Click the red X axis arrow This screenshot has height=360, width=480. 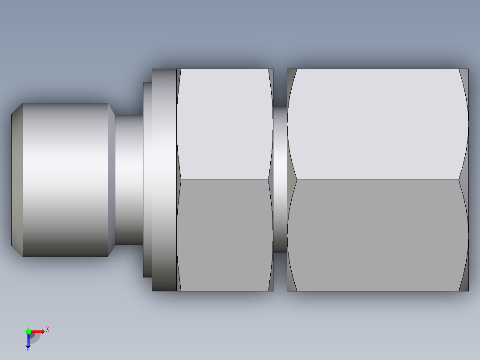pos(38,331)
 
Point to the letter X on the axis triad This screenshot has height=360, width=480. pos(48,330)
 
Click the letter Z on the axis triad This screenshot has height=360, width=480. pos(28,349)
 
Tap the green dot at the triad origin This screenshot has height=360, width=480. pos(28,331)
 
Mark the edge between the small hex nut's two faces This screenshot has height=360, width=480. pos(225,180)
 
